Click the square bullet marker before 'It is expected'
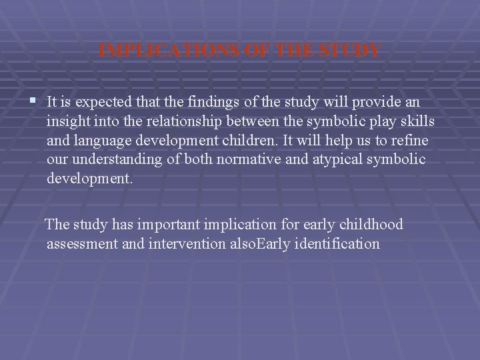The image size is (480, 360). (33, 101)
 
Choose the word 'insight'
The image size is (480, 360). (66, 121)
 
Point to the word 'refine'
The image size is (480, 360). (411, 141)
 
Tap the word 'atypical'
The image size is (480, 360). (321, 160)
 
